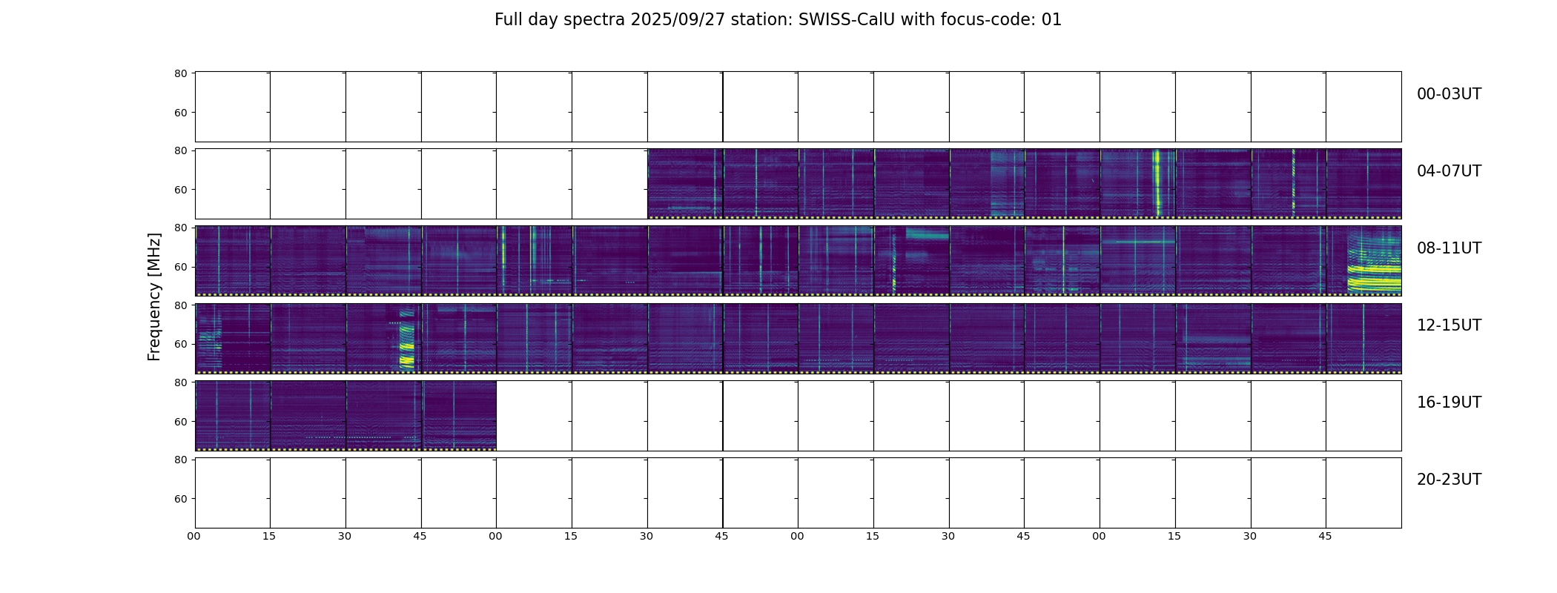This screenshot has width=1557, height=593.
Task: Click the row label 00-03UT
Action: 1449,94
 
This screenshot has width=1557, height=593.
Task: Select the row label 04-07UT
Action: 1449,171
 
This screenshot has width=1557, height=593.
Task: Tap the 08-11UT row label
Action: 1449,248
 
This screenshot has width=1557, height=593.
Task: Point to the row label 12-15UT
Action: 1449,325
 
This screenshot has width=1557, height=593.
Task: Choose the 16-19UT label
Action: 1449,402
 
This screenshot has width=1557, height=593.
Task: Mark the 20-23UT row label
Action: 1449,480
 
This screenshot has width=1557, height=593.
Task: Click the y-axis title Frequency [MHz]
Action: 154,296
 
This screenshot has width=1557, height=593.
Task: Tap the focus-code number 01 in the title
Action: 1051,20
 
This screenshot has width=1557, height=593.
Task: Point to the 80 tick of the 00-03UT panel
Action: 181,73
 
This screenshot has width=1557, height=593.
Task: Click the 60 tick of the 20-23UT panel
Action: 181,499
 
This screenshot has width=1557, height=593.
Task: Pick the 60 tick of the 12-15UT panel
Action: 181,344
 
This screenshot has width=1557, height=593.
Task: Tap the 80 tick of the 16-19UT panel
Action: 181,382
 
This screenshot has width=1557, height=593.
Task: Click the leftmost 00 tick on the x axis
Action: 194,536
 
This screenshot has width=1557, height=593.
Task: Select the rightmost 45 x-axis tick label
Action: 1325,536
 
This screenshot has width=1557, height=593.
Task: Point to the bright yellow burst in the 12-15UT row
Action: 406,344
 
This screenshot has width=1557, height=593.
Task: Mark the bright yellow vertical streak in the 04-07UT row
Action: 1157,182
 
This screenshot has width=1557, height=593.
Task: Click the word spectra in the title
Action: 595,21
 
